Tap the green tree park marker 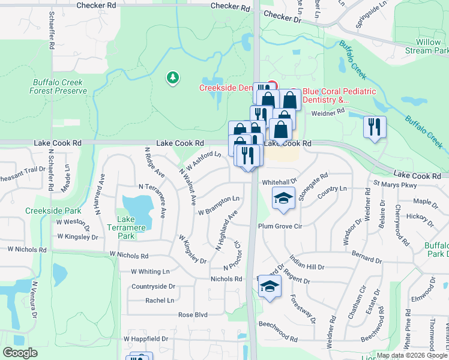point(173,77)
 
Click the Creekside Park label point(45,211)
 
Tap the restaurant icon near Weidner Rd point(375,127)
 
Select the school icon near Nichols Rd point(270,286)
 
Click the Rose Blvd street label point(193,314)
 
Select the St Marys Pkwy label point(394,185)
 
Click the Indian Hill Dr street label point(304,266)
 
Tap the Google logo point(20,353)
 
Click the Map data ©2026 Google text point(412,355)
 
